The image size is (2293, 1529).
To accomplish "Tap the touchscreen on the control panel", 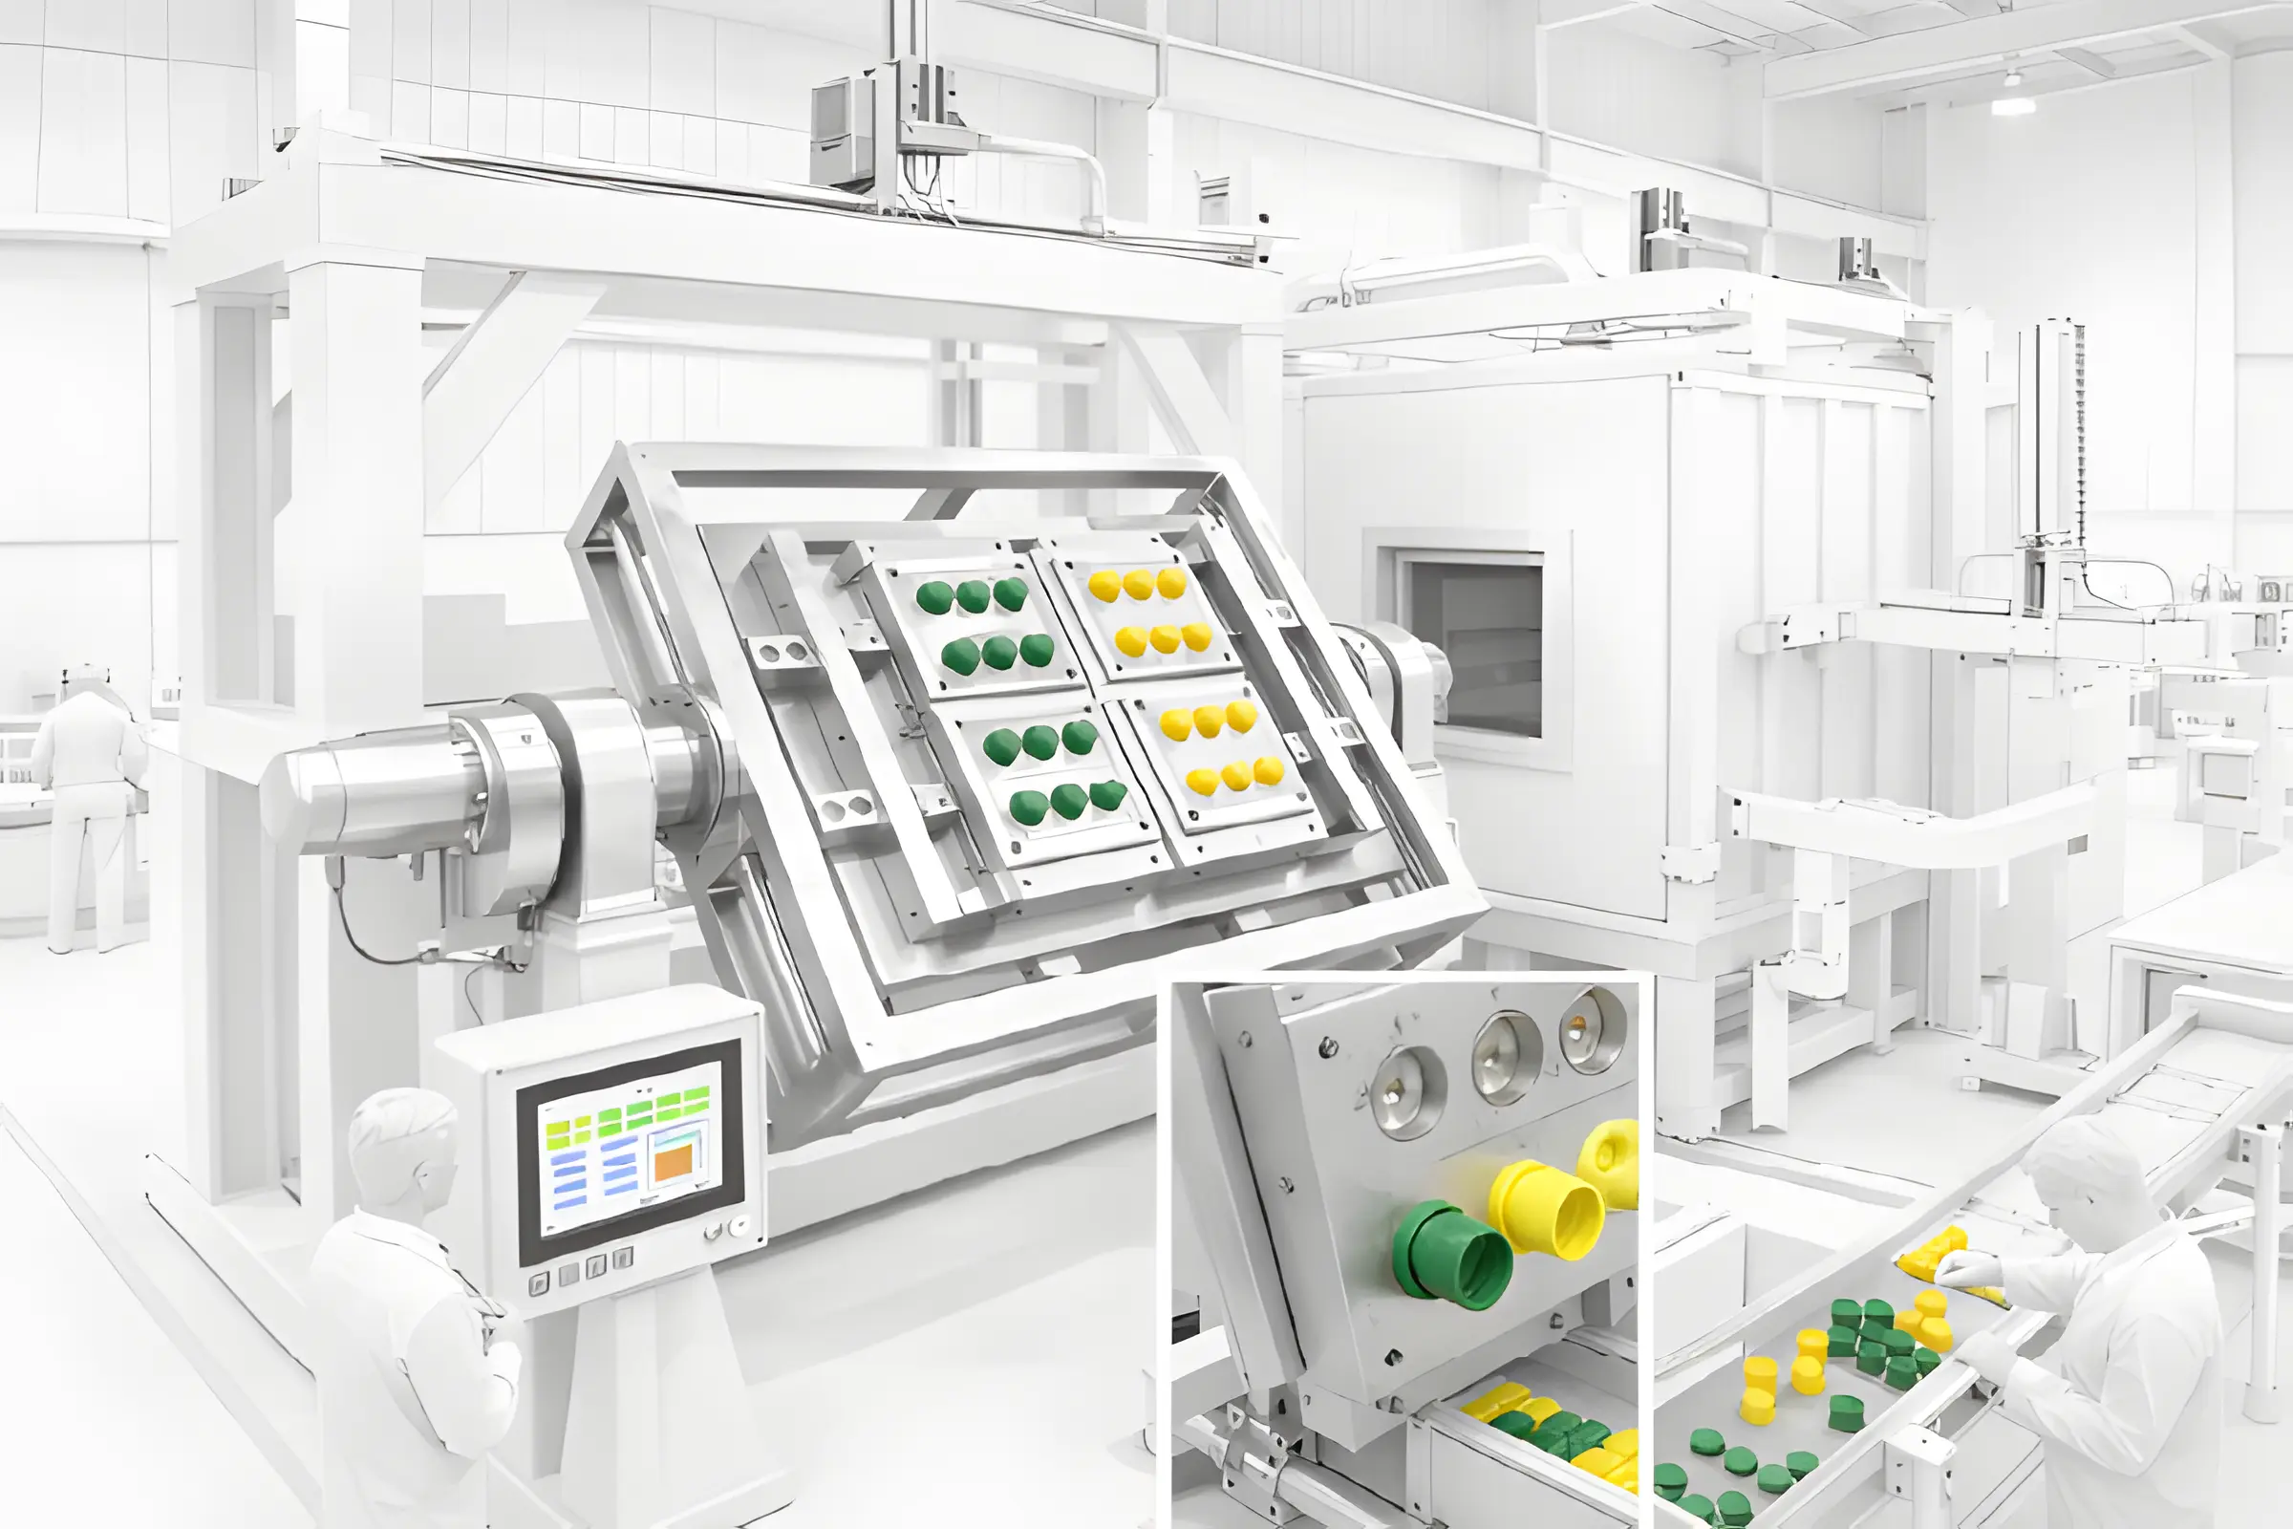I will point(630,1151).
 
